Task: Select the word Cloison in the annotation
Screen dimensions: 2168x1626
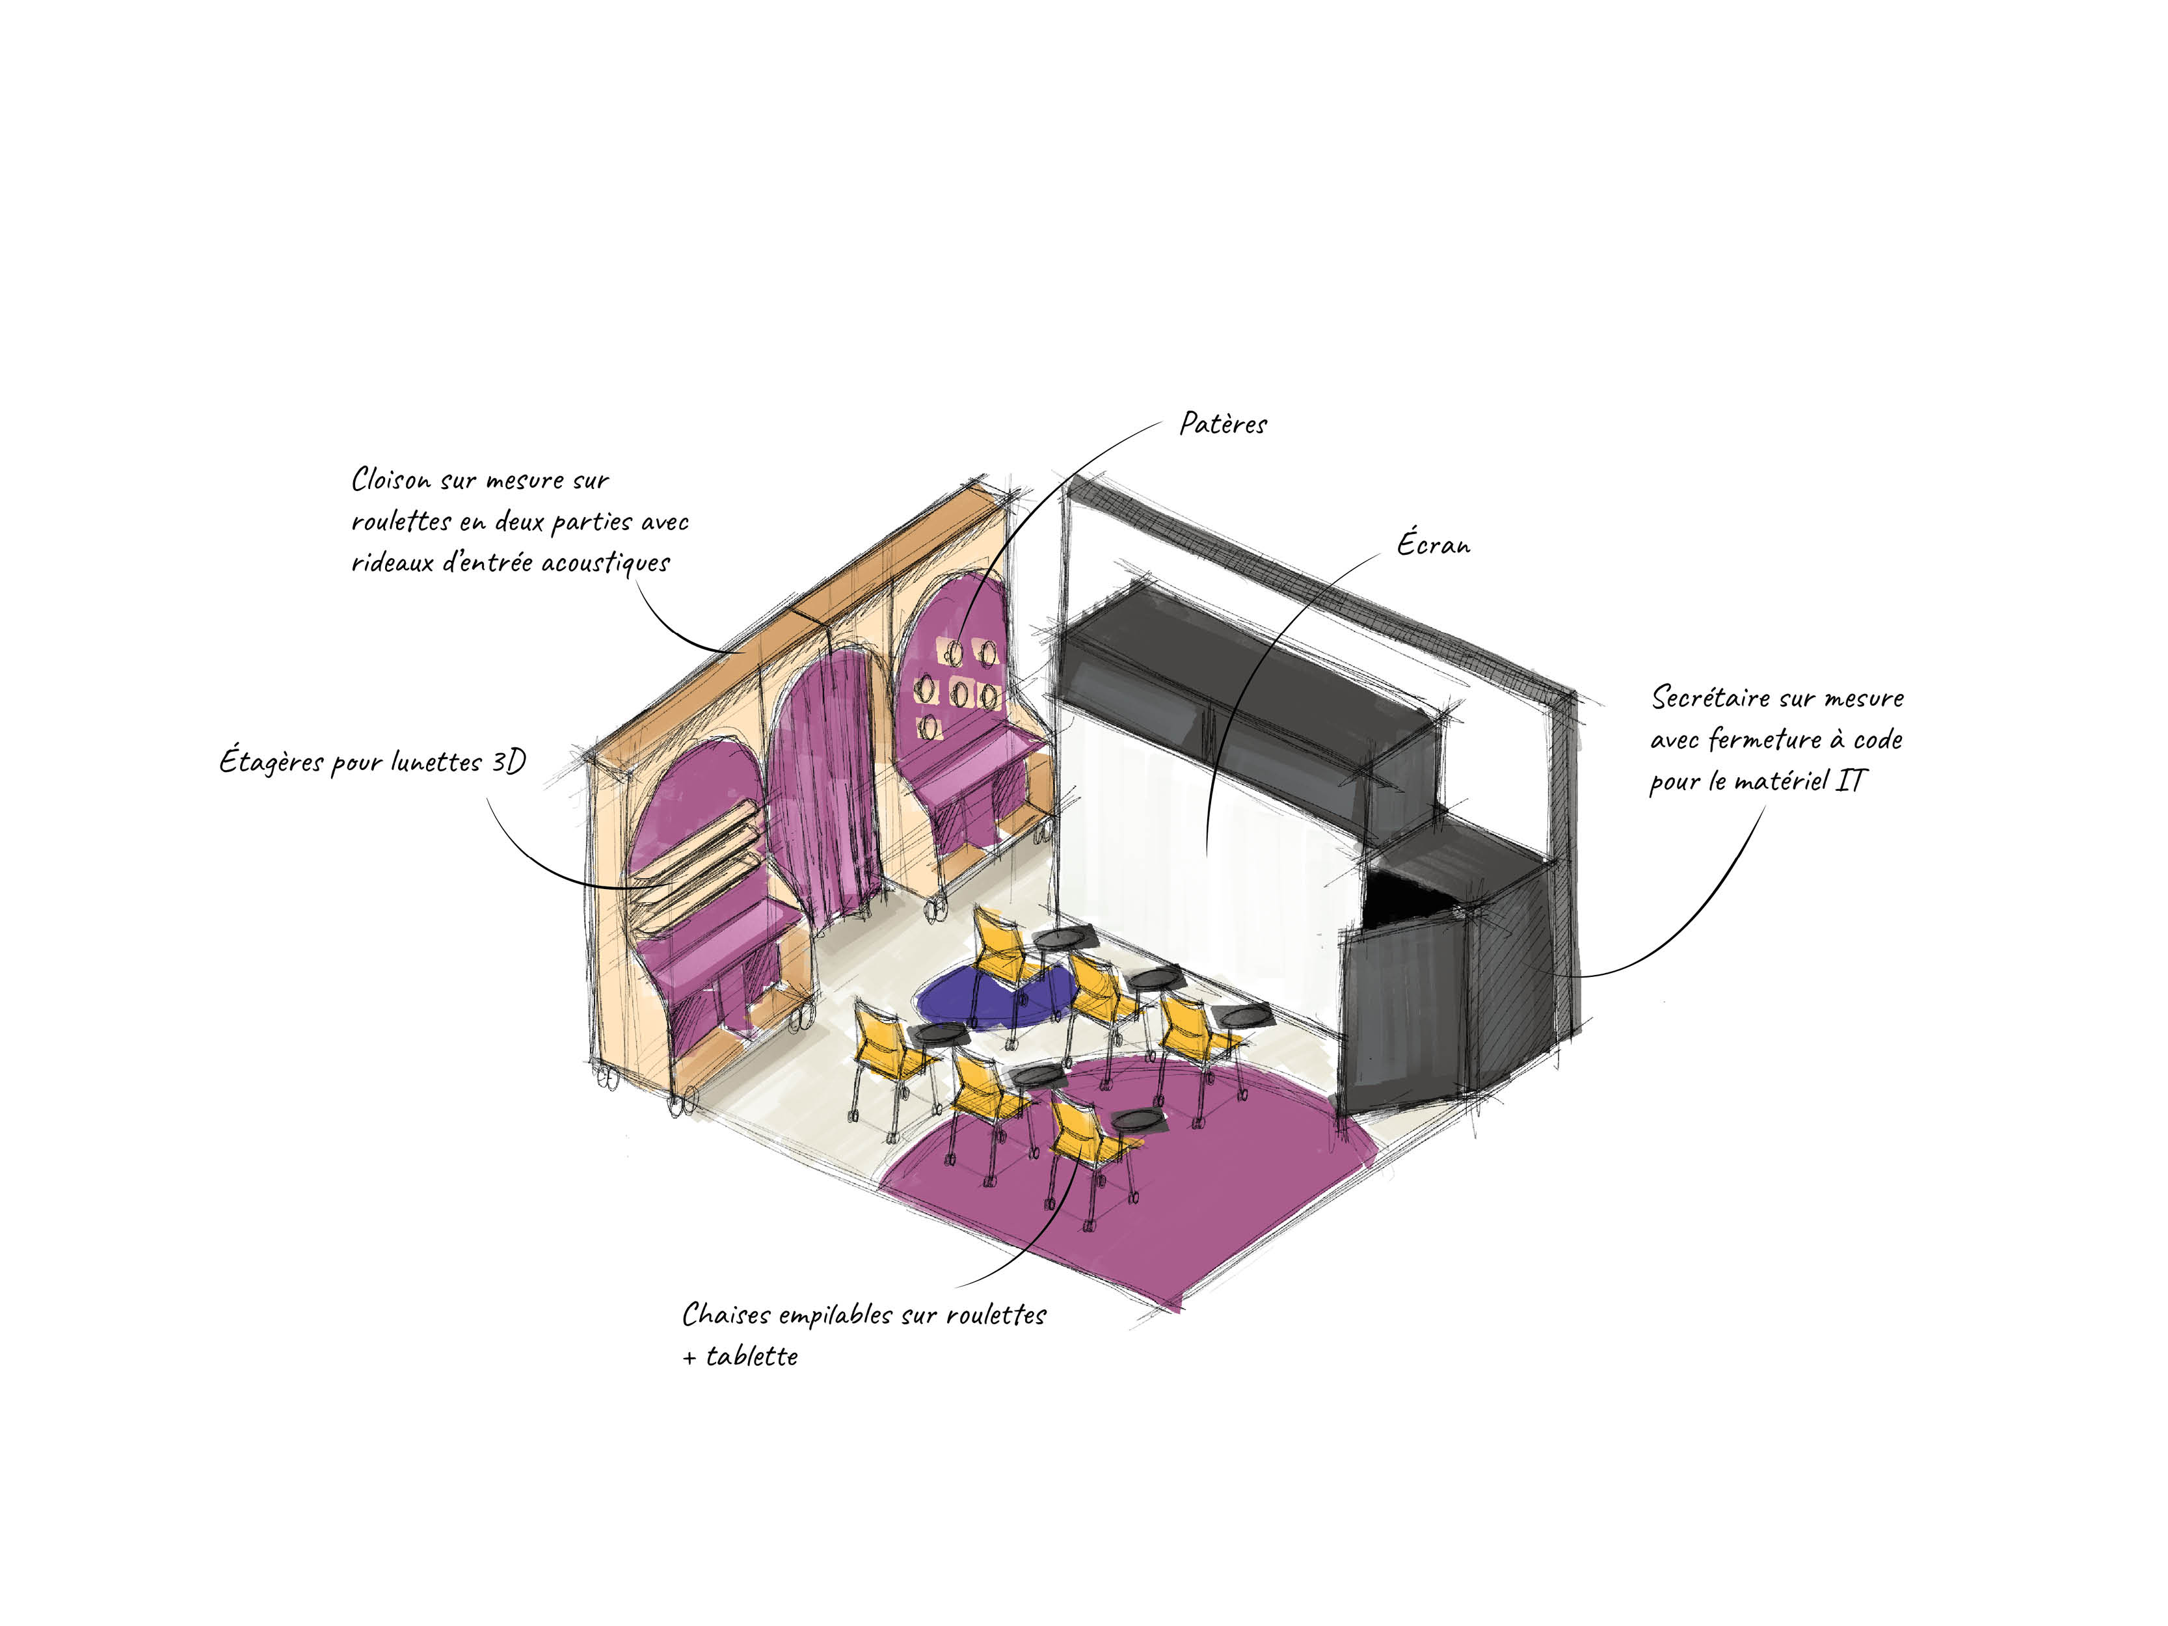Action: click(391, 480)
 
